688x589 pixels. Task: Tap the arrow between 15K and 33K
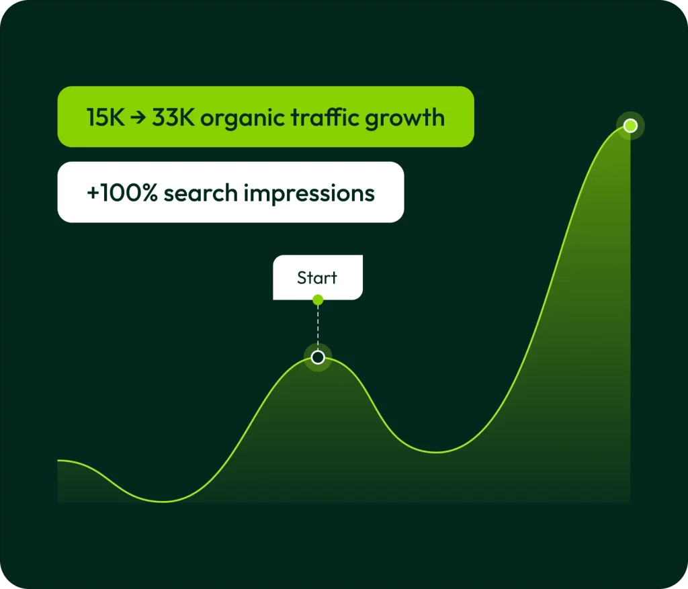(138, 118)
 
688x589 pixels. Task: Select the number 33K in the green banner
(173, 118)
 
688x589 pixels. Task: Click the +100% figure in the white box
(122, 193)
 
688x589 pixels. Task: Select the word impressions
(309, 194)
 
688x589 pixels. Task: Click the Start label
(317, 277)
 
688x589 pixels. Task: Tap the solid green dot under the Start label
(318, 300)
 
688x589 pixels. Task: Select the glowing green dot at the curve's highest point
(630, 126)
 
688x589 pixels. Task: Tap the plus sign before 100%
(93, 193)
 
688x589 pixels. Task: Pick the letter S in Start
(302, 277)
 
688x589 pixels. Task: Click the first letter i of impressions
(247, 193)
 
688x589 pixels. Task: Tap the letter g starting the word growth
(371, 122)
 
